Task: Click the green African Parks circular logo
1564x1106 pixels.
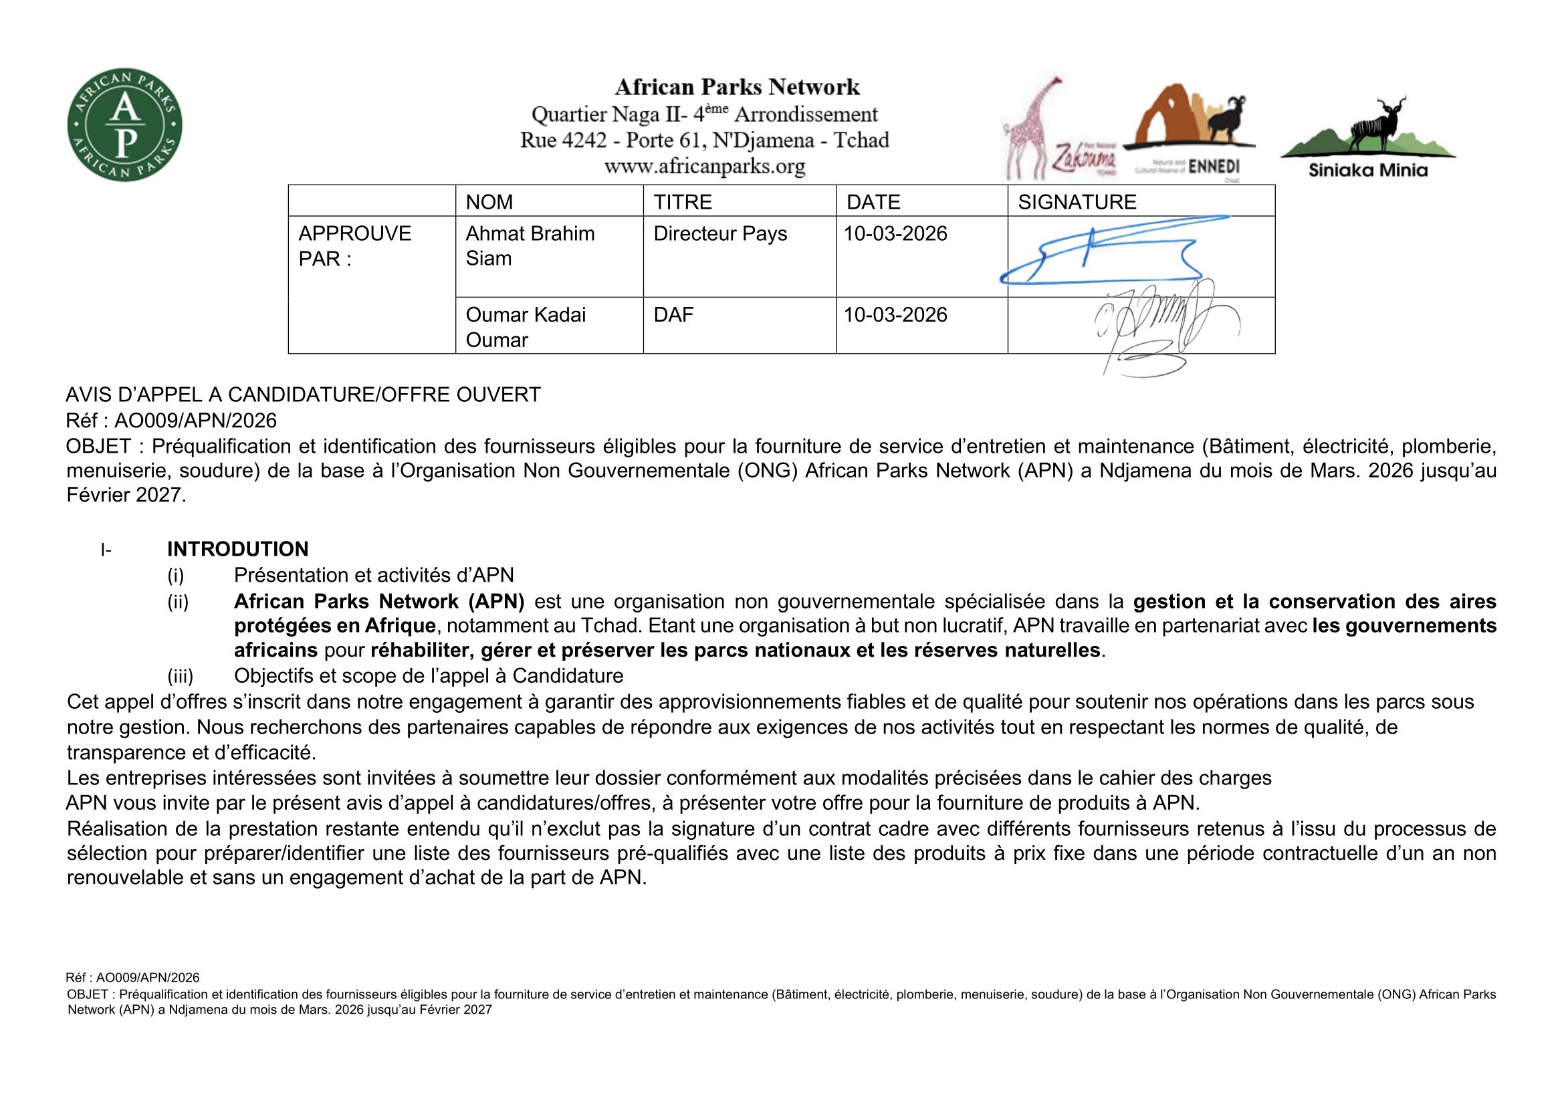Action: pyautogui.click(x=124, y=124)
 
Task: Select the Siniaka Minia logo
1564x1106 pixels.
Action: pyautogui.click(x=1368, y=140)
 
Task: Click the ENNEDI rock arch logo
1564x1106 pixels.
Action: pyautogui.click(x=1189, y=130)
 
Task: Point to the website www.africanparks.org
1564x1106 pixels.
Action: pyautogui.click(x=704, y=167)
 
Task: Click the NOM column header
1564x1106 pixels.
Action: pyautogui.click(x=489, y=201)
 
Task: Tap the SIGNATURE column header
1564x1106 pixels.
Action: pyautogui.click(x=1077, y=201)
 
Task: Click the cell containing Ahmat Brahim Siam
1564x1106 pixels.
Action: pyautogui.click(x=530, y=246)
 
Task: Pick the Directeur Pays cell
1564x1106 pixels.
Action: pyautogui.click(x=720, y=233)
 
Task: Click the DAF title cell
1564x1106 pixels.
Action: pyautogui.click(x=673, y=315)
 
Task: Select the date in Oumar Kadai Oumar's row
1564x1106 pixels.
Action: pyautogui.click(x=895, y=315)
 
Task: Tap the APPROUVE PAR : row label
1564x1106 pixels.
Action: pyautogui.click(x=354, y=246)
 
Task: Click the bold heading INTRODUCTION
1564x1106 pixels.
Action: pyautogui.click(x=238, y=549)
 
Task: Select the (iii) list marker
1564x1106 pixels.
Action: pyautogui.click(x=181, y=675)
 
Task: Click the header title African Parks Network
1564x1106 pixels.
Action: pyautogui.click(x=737, y=87)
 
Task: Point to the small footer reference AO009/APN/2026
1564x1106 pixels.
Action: pyautogui.click(x=133, y=978)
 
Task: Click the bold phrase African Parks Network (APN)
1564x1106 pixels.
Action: pyautogui.click(x=378, y=601)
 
